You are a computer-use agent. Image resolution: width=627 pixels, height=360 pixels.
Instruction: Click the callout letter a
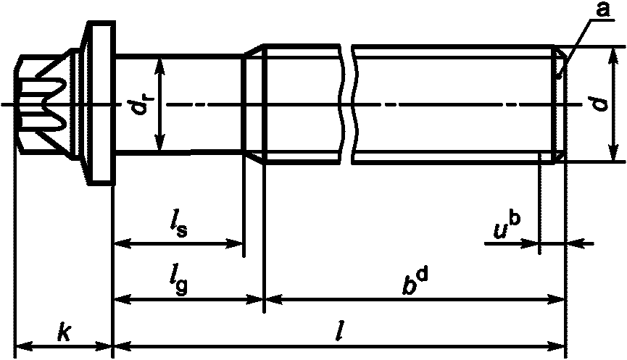601,9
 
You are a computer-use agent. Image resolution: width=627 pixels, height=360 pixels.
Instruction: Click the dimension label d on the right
599,104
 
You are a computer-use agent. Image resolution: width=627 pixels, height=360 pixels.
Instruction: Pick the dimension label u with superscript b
506,226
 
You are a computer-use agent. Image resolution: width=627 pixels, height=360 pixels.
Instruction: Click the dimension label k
65,332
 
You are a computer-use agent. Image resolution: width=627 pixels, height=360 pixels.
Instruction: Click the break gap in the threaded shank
347,101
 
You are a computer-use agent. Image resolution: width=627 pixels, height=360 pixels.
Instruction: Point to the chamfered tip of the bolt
559,105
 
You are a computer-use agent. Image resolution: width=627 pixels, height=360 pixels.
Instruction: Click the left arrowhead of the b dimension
270,298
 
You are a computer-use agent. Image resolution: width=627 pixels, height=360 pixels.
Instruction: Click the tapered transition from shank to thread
253,105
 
